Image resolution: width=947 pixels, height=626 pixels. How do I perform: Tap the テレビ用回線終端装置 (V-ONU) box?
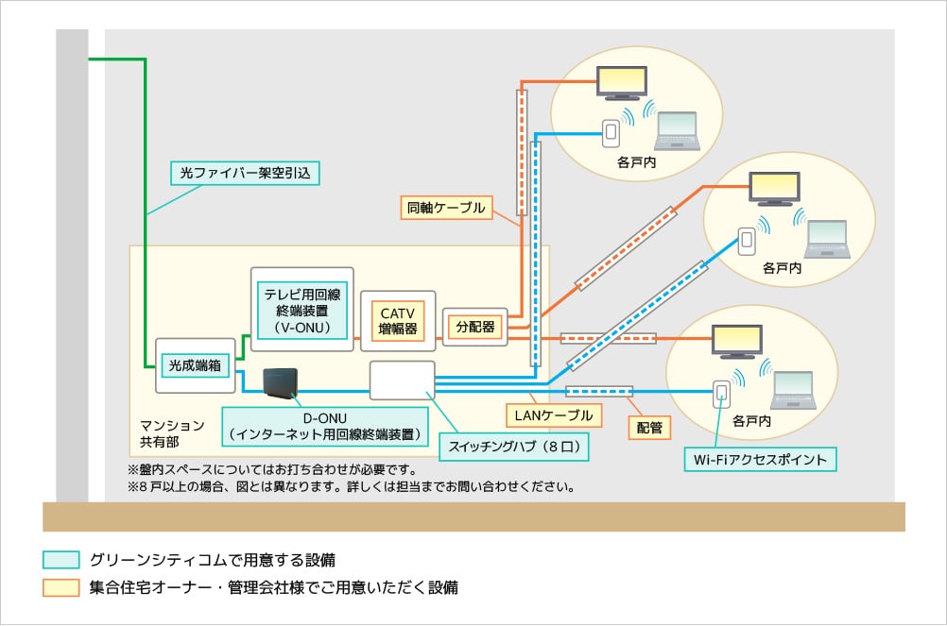pos(302,309)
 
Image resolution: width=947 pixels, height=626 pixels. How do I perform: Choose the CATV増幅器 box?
pos(398,321)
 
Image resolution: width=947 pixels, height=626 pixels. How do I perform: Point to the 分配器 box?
pos(474,327)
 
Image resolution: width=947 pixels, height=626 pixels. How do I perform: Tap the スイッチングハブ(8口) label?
pos(513,445)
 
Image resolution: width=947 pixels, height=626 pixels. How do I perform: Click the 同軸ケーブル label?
pos(446,208)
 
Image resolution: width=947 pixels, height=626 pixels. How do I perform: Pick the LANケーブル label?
pos(553,415)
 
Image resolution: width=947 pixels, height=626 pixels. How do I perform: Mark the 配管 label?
pos(649,427)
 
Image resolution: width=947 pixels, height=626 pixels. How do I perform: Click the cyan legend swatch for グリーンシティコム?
pos(60,559)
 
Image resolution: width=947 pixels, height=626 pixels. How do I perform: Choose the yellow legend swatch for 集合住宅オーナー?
pos(60,587)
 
